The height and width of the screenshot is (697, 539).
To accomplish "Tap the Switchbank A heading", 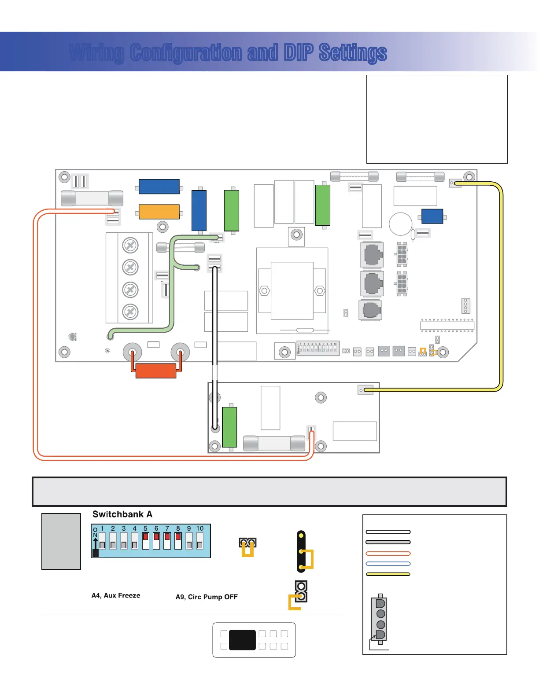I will tap(122, 514).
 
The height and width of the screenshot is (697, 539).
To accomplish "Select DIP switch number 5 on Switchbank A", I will tap(145, 541).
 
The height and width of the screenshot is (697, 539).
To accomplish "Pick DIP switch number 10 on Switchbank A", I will tap(199, 541).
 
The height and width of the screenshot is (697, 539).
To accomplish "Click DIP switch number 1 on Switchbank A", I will tap(102, 541).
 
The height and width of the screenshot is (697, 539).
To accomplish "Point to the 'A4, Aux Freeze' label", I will tap(116, 595).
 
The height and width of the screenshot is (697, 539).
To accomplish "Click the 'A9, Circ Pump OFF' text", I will tap(207, 597).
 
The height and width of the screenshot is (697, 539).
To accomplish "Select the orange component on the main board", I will tap(159, 212).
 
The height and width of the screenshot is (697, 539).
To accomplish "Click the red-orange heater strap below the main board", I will tap(156, 371).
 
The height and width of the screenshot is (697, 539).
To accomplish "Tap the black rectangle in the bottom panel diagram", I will tap(242, 640).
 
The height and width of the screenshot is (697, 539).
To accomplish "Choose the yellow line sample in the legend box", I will tap(388, 574).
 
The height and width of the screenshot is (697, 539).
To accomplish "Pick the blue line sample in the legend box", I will tap(388, 564).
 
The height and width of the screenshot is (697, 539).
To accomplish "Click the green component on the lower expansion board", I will tap(229, 427).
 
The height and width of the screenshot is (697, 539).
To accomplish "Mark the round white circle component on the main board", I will tap(400, 224).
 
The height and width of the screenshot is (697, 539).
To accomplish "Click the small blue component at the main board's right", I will tap(432, 216).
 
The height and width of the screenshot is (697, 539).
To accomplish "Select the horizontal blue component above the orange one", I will tap(159, 187).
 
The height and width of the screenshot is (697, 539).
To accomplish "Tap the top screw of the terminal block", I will tap(130, 245).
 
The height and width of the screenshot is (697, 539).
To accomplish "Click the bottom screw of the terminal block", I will tap(130, 312).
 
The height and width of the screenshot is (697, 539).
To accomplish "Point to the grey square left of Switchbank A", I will tap(61, 541).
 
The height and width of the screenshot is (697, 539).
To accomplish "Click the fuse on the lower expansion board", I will tap(274, 443).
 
